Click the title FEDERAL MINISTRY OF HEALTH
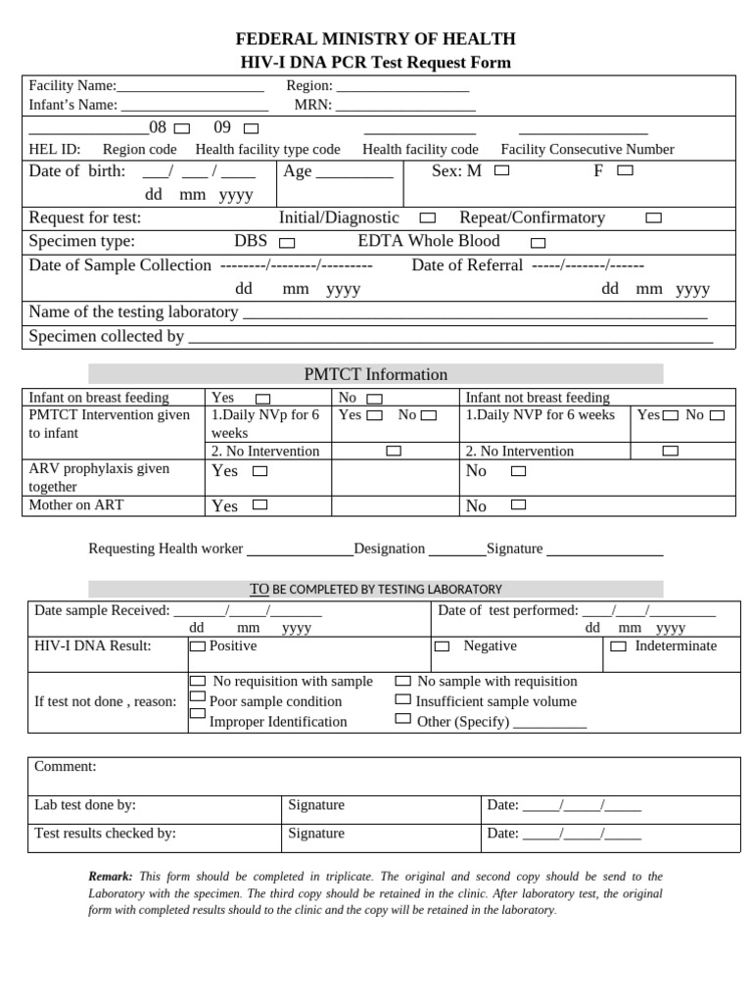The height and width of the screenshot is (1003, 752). [x=376, y=39]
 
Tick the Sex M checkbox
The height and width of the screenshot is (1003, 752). [x=501, y=170]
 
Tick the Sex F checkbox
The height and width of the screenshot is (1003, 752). [x=625, y=170]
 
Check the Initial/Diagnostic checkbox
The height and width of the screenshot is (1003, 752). [x=428, y=218]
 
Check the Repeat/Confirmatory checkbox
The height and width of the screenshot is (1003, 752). [x=653, y=218]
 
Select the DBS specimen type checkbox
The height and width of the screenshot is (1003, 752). [x=287, y=242]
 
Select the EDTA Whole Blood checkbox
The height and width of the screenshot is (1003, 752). [x=538, y=242]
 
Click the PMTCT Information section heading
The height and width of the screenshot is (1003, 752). [x=376, y=374]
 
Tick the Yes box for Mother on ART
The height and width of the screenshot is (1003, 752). [x=259, y=505]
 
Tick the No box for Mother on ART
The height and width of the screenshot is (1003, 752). [x=518, y=505]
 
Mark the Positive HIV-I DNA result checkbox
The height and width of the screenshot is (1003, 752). [x=198, y=646]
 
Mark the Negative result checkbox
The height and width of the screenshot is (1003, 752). [x=442, y=646]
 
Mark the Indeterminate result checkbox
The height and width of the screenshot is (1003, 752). [x=618, y=646]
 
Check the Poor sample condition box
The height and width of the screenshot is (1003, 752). [x=198, y=698]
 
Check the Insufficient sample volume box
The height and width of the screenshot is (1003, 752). [x=402, y=699]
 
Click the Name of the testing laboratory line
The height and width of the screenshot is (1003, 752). [x=474, y=313]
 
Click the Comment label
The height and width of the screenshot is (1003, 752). [x=66, y=767]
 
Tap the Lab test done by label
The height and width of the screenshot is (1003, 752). [x=85, y=805]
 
